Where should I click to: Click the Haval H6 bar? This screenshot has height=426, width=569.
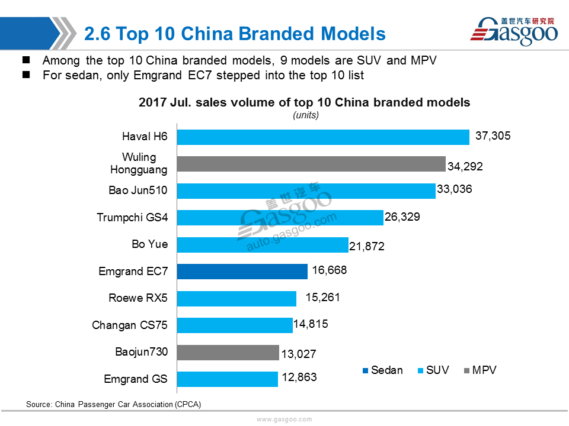[x=323, y=137]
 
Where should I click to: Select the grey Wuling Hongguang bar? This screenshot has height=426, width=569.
[x=311, y=164]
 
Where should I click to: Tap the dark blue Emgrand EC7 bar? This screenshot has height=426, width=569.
[x=242, y=272]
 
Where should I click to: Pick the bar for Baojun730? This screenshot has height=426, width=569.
[x=228, y=353]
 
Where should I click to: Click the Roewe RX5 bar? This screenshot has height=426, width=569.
[x=236, y=298]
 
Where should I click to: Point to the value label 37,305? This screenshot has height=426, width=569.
[x=493, y=136]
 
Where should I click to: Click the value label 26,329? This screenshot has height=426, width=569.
[x=402, y=217]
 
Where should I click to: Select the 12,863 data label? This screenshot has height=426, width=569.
[x=299, y=377]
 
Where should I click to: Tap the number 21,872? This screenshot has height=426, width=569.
[x=366, y=246]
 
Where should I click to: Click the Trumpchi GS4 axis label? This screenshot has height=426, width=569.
[x=132, y=217]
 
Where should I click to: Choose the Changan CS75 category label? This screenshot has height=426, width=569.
[x=130, y=325]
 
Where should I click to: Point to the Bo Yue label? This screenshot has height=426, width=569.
[x=150, y=244]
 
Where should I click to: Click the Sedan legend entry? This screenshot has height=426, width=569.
[x=383, y=370]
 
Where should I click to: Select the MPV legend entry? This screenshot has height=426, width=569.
[x=481, y=370]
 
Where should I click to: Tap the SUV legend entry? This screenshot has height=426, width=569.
[x=434, y=370]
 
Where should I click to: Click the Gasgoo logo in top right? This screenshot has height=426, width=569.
[x=514, y=31]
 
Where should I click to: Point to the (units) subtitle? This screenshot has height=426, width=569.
[x=306, y=115]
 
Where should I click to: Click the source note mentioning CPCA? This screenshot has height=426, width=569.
[x=114, y=404]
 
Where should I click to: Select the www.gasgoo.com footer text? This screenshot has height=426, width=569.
[x=284, y=419]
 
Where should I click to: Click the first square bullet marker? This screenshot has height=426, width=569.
[x=26, y=60]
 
